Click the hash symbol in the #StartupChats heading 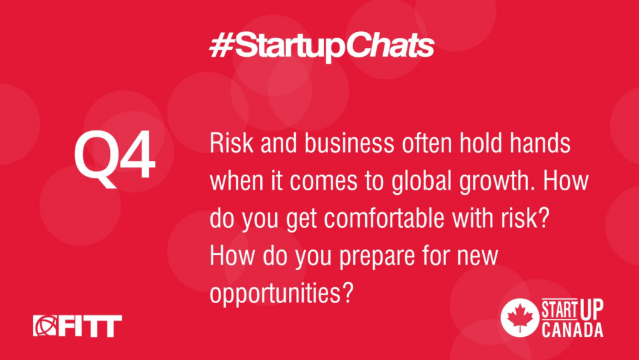tap(222, 46)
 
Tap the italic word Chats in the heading tap(392, 46)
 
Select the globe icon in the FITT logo tap(44, 326)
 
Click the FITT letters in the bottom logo tap(89, 326)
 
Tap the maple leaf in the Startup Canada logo tap(520, 318)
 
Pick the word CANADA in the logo tap(572, 329)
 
